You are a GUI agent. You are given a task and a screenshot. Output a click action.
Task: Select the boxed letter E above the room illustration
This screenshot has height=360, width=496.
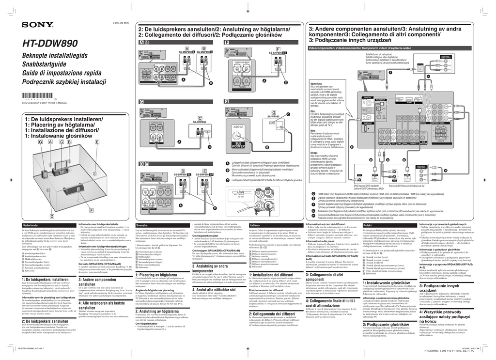coord(97,142)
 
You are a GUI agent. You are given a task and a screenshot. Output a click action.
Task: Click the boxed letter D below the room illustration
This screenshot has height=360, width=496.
coord(52,216)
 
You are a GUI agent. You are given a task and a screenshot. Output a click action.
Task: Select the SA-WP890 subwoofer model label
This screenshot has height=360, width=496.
coord(273,117)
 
